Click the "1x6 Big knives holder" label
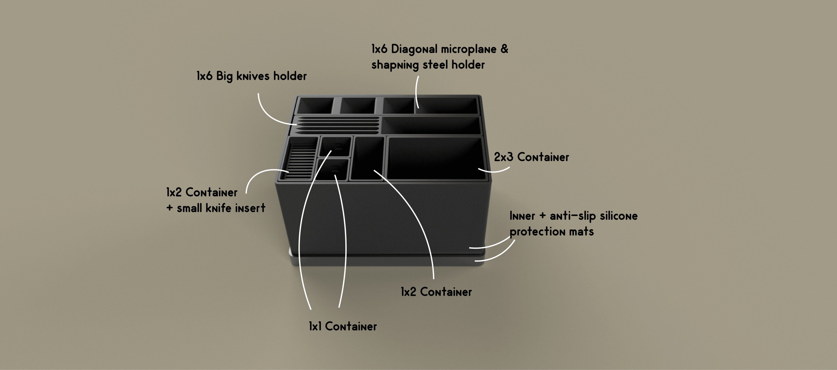coord(251,76)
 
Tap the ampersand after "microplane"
coord(504,49)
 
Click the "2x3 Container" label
coord(531,157)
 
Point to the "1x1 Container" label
coord(343,326)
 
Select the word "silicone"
coord(618,216)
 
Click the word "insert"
coord(250,208)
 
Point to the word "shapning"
coord(395,65)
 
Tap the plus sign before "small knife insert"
coord(169,208)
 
